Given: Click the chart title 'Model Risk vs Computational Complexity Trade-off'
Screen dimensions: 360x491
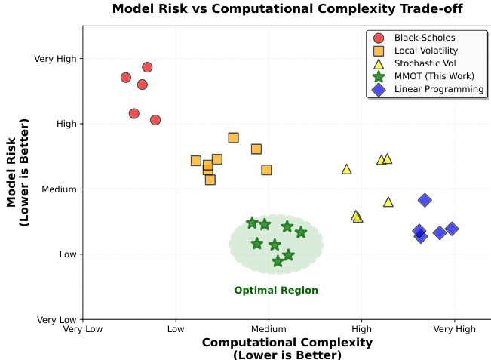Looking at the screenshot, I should click(x=287, y=9).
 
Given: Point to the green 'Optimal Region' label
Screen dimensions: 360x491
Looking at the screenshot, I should click(x=276, y=291).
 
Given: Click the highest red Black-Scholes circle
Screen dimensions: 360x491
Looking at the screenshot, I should click(x=147, y=67).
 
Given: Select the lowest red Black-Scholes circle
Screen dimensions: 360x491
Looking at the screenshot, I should click(x=155, y=120).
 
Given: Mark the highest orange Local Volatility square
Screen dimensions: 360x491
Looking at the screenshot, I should click(x=234, y=137).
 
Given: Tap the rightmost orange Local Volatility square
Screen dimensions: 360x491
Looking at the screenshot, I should click(x=267, y=170).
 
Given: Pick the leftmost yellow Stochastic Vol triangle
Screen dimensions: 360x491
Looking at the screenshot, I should click(x=347, y=169).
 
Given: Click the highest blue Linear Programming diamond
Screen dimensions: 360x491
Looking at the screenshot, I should click(x=425, y=200).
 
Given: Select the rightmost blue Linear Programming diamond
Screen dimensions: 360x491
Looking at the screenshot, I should click(x=452, y=229).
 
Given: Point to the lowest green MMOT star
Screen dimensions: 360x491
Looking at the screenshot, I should click(x=278, y=261).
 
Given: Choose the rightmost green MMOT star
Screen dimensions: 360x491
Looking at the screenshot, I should click(x=301, y=232).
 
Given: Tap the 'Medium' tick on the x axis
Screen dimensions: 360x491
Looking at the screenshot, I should click(x=269, y=329).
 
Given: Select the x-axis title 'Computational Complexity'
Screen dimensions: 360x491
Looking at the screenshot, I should click(x=287, y=343).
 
